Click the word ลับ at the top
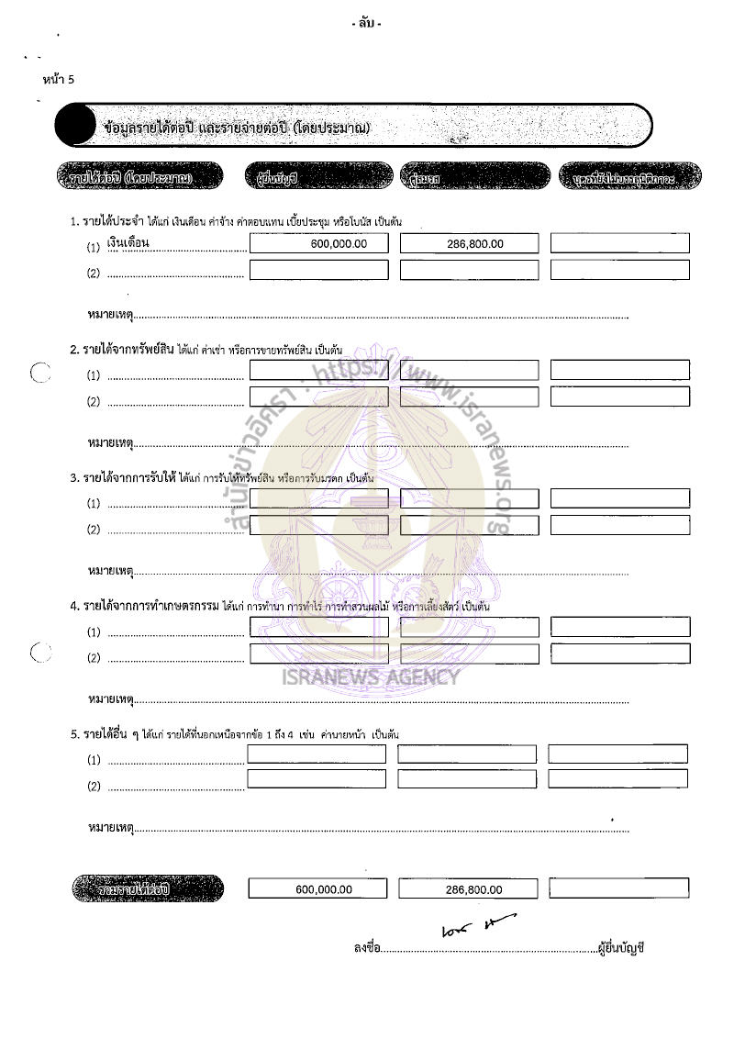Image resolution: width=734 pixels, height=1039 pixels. [x=366, y=23]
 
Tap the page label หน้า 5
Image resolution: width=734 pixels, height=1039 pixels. [x=59, y=78]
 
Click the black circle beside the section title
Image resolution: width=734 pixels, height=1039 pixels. [x=75, y=126]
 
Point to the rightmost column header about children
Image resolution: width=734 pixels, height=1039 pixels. [x=629, y=176]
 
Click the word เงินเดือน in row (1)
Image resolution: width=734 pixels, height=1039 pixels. [x=128, y=242]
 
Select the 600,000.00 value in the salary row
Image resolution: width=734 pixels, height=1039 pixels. [x=339, y=244]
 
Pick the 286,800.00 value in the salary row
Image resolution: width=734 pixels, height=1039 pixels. [x=475, y=244]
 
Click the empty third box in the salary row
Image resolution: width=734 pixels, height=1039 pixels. [x=619, y=243]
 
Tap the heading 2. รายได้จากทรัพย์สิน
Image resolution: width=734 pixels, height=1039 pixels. [x=123, y=350]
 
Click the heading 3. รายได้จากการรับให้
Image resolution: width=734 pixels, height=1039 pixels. [x=123, y=478]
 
